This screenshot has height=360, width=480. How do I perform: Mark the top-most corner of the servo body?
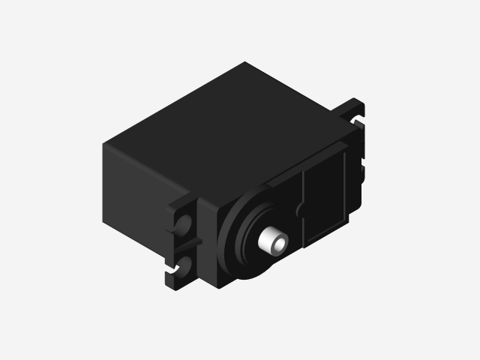pyautogui.click(x=244, y=63)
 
